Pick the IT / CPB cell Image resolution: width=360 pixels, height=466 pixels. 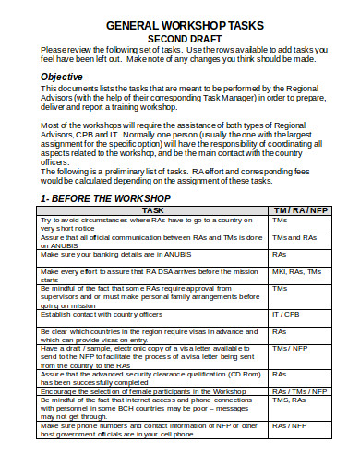[x=285, y=315]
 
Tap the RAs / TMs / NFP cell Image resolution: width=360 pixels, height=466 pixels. [x=299, y=390]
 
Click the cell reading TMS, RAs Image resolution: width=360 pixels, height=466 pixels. [x=290, y=400]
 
